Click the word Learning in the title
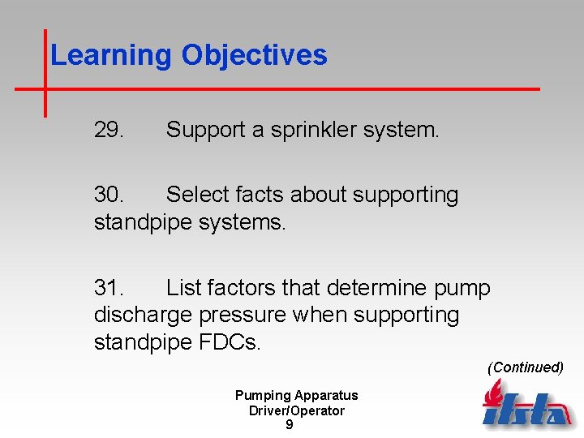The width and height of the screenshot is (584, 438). click(x=112, y=55)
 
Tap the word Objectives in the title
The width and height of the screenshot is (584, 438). click(x=254, y=55)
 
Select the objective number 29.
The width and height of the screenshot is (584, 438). click(x=109, y=130)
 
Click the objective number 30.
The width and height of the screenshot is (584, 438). click(x=109, y=195)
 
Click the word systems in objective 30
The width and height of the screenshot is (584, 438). click(x=247, y=222)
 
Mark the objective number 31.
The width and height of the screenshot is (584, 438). click(x=109, y=288)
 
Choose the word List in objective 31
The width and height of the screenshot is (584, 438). click(x=183, y=288)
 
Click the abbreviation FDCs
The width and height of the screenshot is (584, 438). click(x=230, y=342)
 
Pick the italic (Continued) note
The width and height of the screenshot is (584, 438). click(x=525, y=367)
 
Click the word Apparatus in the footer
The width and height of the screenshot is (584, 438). click(x=326, y=396)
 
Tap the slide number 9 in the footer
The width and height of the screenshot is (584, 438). click(x=290, y=425)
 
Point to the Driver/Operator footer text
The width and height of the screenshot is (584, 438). click(x=296, y=410)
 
